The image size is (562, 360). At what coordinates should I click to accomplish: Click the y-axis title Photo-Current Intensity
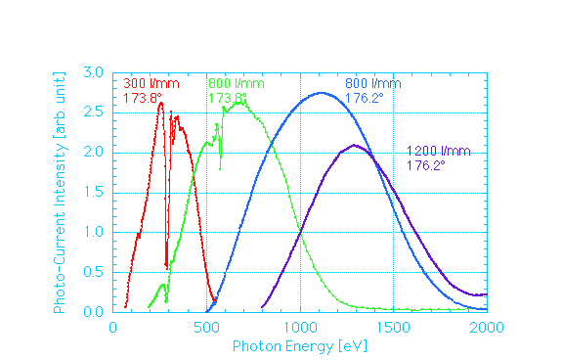60,192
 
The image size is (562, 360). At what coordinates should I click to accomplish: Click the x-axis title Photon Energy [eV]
299,347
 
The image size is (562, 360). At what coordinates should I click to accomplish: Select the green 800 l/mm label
236,83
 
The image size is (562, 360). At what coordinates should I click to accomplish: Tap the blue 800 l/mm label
373,83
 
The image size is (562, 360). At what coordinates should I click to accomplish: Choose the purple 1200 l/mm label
438,151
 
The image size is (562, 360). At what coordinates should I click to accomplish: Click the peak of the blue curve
322,93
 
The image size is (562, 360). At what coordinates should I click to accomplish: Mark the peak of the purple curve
354,146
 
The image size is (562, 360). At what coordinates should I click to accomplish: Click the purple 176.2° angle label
426,165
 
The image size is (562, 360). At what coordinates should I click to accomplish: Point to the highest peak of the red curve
160,103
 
